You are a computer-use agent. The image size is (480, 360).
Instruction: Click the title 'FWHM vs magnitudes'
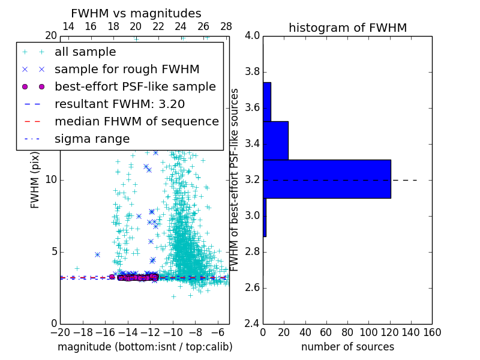pyautogui.click(x=136, y=13)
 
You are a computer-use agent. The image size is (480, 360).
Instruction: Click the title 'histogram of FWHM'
pyautogui.click(x=347, y=28)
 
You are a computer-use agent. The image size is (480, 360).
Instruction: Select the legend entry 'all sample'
pyautogui.click(x=85, y=52)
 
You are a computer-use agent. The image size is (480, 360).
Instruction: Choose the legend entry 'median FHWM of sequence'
pyautogui.click(x=136, y=122)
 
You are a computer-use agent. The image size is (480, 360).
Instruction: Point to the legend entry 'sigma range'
pyautogui.click(x=92, y=139)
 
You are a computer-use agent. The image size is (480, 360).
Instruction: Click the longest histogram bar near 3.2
pyautogui.click(x=327, y=179)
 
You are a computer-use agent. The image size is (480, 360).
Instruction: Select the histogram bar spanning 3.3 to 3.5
pyautogui.click(x=275, y=140)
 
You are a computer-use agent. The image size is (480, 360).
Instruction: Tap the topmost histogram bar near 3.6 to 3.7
pyautogui.click(x=267, y=102)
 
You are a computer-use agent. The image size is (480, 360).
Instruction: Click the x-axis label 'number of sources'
pyautogui.click(x=347, y=347)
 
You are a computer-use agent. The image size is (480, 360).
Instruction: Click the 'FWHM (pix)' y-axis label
pyautogui.click(x=35, y=180)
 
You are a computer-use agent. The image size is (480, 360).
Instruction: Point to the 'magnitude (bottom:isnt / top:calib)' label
pyautogui.click(x=145, y=347)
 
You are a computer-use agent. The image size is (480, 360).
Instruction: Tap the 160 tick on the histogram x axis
pyautogui.click(x=432, y=332)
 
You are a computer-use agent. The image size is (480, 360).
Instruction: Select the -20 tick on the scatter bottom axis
pyautogui.click(x=60, y=332)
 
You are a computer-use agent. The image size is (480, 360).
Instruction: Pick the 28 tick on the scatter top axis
pyautogui.click(x=226, y=27)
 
